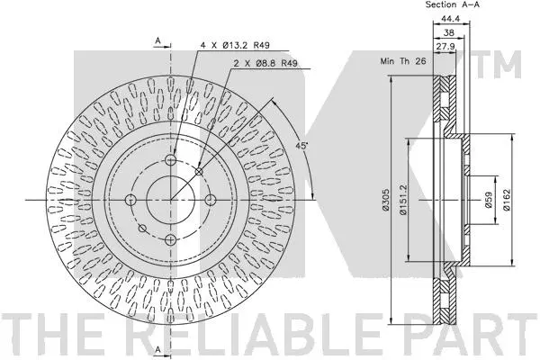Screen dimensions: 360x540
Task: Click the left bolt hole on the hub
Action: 130,200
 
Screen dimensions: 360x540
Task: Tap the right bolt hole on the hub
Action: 211,200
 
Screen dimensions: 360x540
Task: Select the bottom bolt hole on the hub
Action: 171,239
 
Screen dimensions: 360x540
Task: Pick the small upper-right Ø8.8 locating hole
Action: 199,171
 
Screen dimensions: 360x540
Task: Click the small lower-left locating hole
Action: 142,228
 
